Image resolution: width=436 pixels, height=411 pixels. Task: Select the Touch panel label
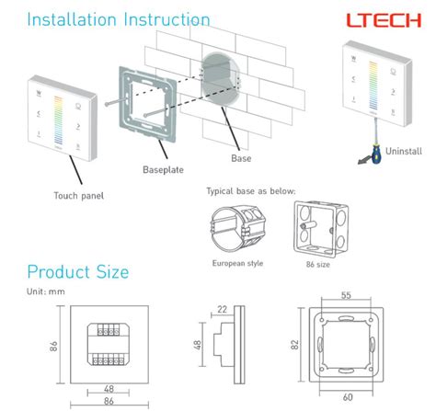point(77,196)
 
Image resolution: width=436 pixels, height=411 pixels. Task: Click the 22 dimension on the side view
point(222,309)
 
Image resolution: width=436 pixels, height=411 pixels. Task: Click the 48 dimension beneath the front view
point(109,388)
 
